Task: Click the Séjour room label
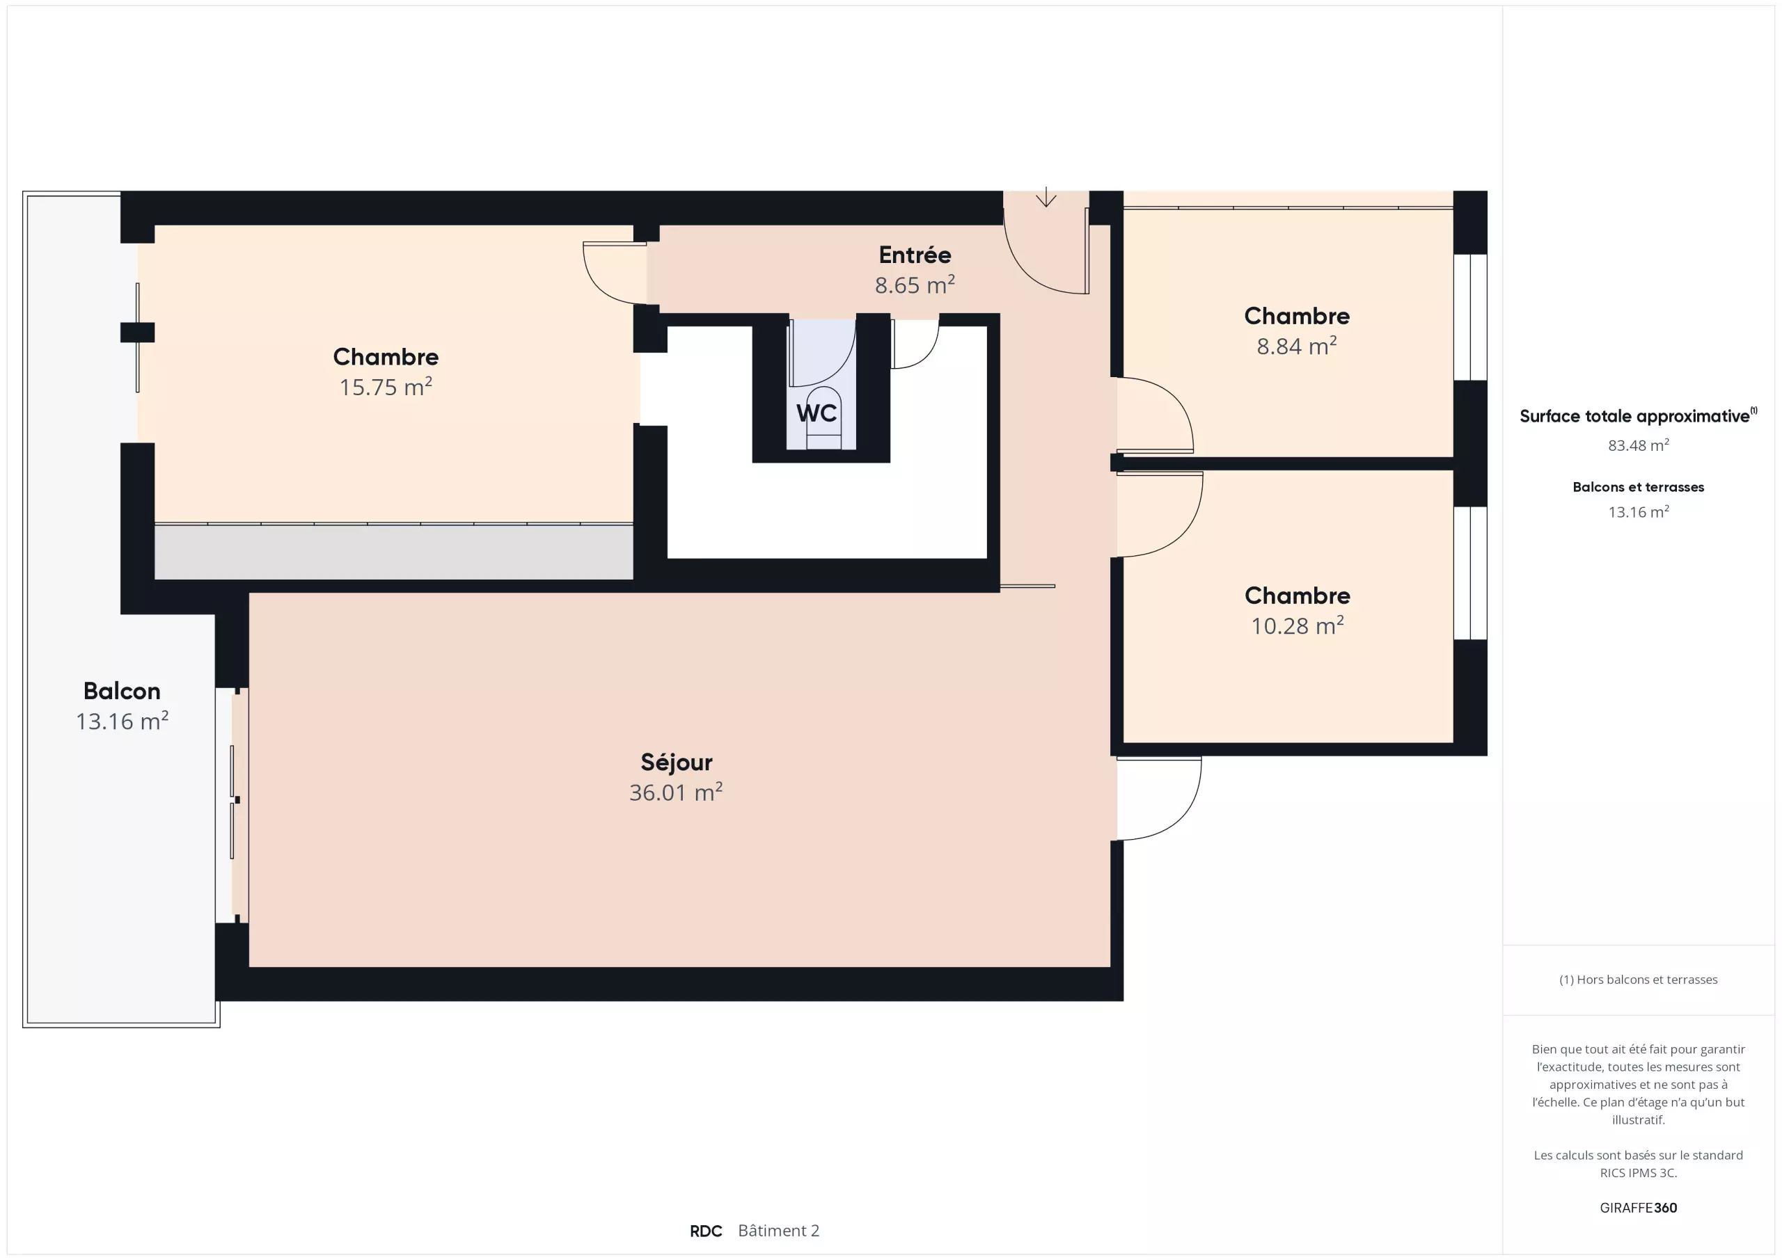coord(676,763)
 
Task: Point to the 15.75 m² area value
coord(386,386)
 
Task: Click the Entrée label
coord(915,255)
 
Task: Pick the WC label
coord(817,413)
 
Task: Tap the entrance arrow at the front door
coord(1046,196)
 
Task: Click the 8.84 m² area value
coord(1297,346)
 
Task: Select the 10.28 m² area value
coord(1297,625)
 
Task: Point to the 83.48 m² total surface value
coord(1639,445)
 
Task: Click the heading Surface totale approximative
coord(1639,416)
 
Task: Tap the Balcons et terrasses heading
coord(1639,487)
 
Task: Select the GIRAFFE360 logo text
coord(1639,1207)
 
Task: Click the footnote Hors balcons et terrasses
coord(1639,980)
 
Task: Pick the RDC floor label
coord(706,1231)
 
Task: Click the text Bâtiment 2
coord(778,1231)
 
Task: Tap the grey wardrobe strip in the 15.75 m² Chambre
coord(393,552)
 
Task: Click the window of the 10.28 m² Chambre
coord(1470,573)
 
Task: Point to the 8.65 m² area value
coord(915,285)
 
